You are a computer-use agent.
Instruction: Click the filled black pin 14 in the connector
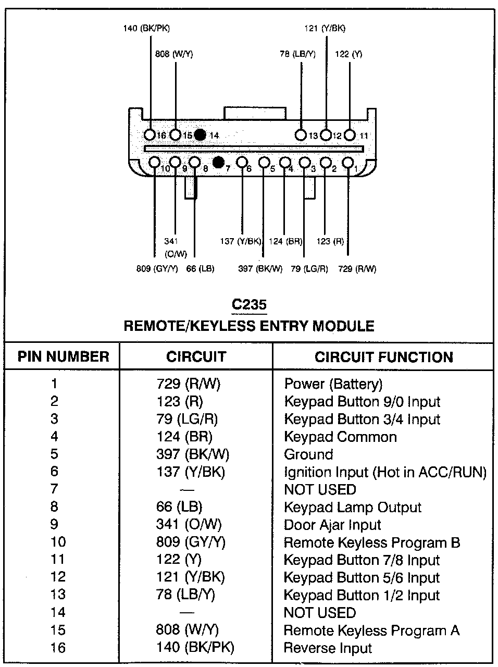200,135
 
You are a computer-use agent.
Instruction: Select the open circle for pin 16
150,135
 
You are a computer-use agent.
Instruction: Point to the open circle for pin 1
347,163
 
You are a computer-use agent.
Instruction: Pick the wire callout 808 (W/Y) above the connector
174,54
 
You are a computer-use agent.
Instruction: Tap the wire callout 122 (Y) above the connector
349,54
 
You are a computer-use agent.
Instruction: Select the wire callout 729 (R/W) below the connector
357,269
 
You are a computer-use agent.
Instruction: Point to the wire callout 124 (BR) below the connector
285,241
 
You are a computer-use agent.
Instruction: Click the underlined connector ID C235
250,304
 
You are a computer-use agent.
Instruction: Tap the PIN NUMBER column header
64,357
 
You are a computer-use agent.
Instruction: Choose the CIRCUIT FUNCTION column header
384,357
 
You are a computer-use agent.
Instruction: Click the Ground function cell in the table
308,454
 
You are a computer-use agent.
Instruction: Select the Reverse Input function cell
328,648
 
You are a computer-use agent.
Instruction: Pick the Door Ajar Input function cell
332,525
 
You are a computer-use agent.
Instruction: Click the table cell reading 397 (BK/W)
193,454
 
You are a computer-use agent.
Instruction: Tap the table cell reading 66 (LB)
179,507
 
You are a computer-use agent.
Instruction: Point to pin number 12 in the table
58,577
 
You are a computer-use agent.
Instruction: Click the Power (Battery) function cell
333,384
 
